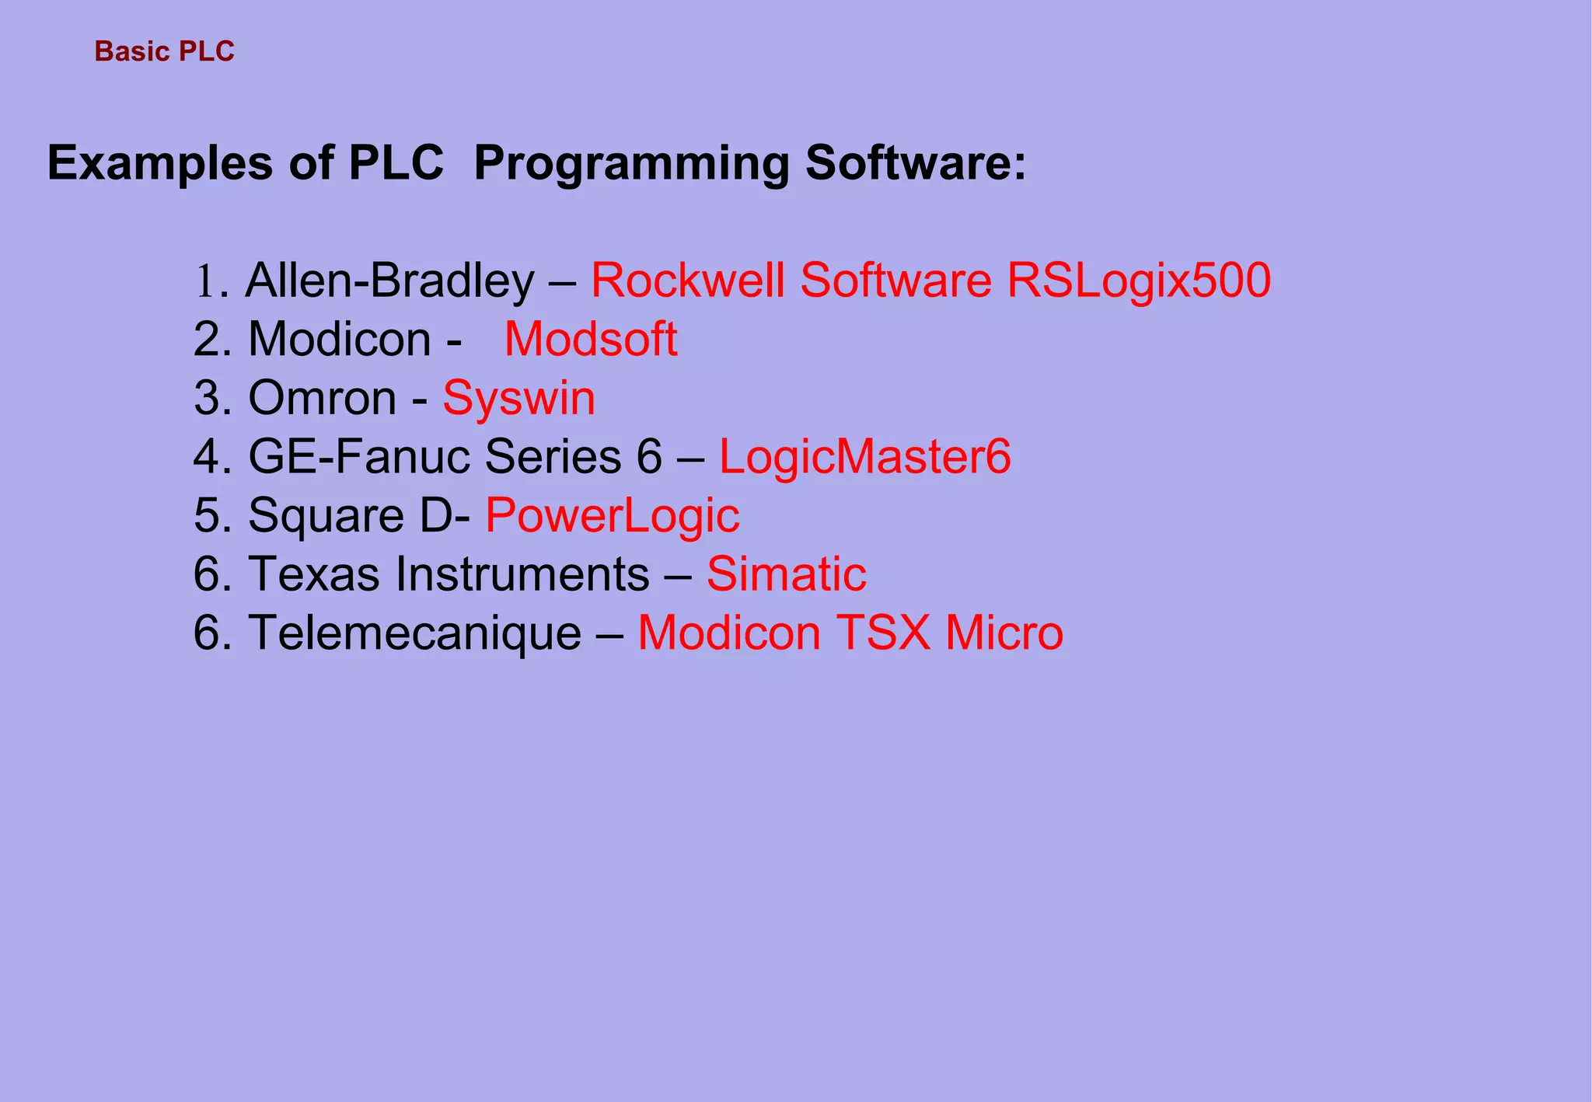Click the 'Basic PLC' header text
click(x=164, y=51)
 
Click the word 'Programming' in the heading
click(x=631, y=164)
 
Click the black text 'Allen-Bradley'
click(x=389, y=281)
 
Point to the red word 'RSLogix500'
click(x=1139, y=281)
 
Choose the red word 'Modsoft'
click(x=591, y=340)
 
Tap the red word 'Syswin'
click(x=518, y=399)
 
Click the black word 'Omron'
click(x=322, y=399)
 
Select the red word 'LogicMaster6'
click(x=864, y=457)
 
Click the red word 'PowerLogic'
click(x=612, y=516)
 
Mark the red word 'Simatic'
click(x=786, y=574)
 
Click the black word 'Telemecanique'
click(x=414, y=633)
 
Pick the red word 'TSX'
click(x=883, y=633)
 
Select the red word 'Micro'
click(x=1004, y=633)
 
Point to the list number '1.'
click(x=210, y=282)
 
